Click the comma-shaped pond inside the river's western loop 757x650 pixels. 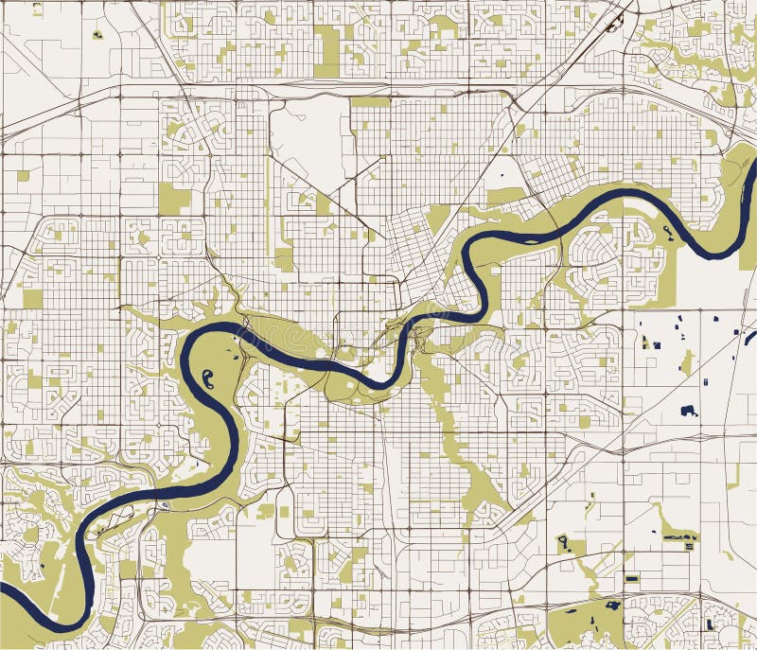[207, 379]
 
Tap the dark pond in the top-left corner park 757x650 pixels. [97, 35]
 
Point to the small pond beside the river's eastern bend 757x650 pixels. [668, 231]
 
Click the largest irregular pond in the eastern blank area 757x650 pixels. [689, 411]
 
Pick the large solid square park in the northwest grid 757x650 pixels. [174, 199]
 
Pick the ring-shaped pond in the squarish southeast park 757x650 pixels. [563, 542]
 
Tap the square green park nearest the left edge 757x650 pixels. [32, 299]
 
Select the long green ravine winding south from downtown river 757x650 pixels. [454, 426]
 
